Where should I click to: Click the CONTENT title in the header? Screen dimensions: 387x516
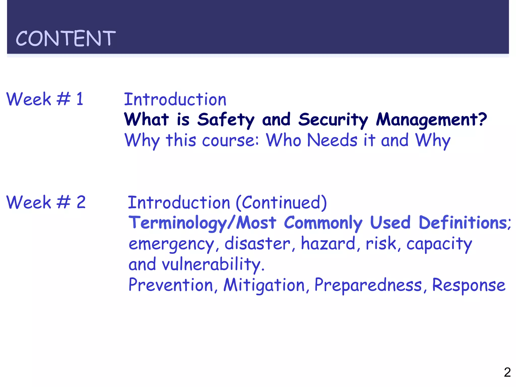(66, 38)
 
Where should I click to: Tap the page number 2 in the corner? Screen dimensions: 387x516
(507, 372)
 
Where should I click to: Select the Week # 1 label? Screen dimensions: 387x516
(45, 99)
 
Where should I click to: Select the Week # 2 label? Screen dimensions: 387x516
(46, 202)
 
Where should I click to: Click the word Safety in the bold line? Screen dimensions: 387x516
(226, 120)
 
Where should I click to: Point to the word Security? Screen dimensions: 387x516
(333, 120)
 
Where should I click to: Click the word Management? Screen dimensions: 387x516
(431, 120)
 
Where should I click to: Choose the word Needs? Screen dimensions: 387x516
(332, 140)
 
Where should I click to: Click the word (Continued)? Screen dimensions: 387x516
(281, 203)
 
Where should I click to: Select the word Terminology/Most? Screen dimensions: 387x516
(203, 223)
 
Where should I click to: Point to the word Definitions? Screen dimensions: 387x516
(465, 223)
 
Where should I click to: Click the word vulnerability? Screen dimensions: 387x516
(213, 265)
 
